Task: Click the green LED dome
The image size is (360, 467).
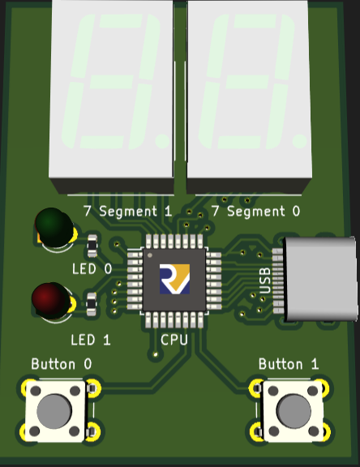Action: pos(54,227)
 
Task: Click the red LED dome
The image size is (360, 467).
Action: pos(51,301)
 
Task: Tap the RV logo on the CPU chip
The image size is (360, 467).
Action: pos(174,279)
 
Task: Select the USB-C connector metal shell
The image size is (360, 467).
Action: pos(320,279)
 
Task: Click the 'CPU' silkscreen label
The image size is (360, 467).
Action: pos(174,340)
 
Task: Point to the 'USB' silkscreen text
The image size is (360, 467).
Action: pos(264,281)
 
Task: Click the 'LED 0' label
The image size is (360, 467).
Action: pos(92,269)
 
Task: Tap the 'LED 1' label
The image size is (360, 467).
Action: pos(91,340)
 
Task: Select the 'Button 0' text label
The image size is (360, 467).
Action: pos(62,364)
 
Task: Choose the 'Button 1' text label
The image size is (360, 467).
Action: pos(288,364)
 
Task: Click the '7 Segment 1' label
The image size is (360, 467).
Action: pos(128,211)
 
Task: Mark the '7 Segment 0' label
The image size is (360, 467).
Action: pos(255,211)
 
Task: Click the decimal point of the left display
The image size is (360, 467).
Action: pos(163,141)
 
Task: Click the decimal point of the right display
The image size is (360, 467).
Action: pos(299,140)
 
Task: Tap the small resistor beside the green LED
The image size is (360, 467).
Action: pos(92,246)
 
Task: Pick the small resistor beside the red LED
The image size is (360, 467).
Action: pos(91,304)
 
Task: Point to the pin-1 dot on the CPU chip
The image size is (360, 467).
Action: pos(150,255)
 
